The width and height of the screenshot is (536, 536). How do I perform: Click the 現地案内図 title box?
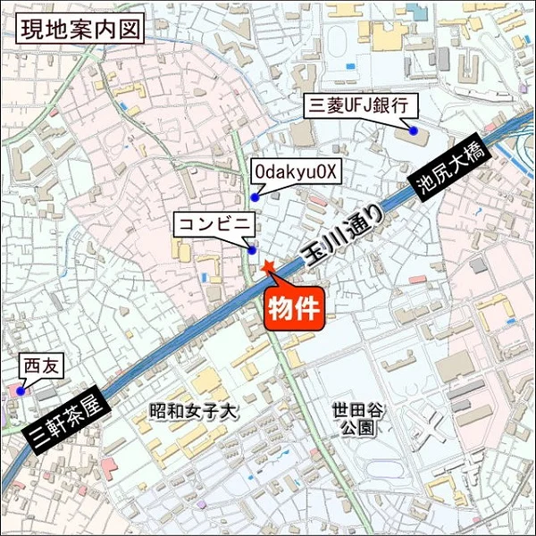pos(80,29)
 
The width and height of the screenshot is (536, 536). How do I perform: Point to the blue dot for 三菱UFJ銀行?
pos(415,131)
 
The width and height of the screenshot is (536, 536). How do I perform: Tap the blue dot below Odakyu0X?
pos(255,197)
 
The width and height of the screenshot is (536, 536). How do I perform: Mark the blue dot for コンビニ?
pos(253,250)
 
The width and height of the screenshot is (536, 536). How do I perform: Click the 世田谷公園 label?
pos(357,419)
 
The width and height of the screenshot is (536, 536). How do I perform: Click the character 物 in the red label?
pos(281,310)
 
